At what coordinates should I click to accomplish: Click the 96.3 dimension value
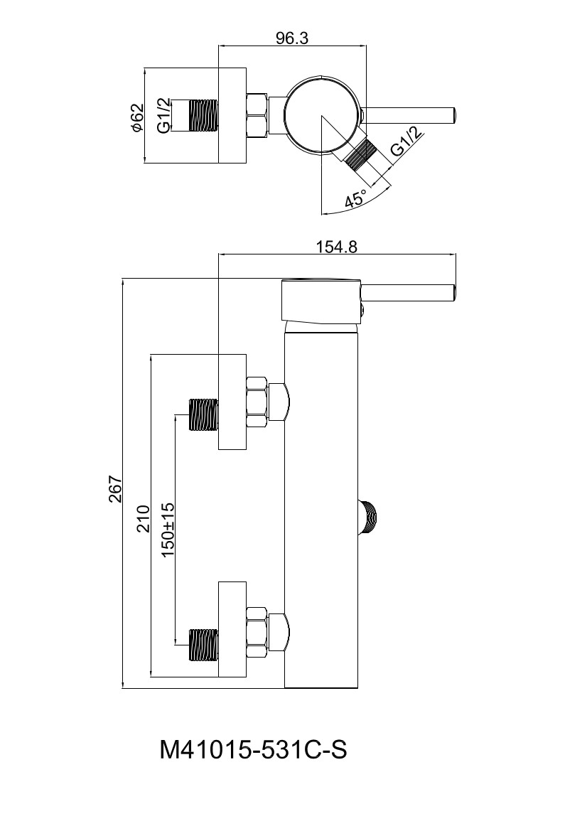(292, 38)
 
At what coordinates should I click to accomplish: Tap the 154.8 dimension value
(337, 247)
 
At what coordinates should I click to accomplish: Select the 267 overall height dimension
(116, 489)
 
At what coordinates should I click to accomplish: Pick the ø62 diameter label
(136, 118)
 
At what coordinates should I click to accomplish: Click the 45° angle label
(355, 199)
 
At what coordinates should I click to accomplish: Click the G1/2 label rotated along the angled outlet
(407, 141)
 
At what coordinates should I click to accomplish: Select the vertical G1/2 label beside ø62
(163, 116)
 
